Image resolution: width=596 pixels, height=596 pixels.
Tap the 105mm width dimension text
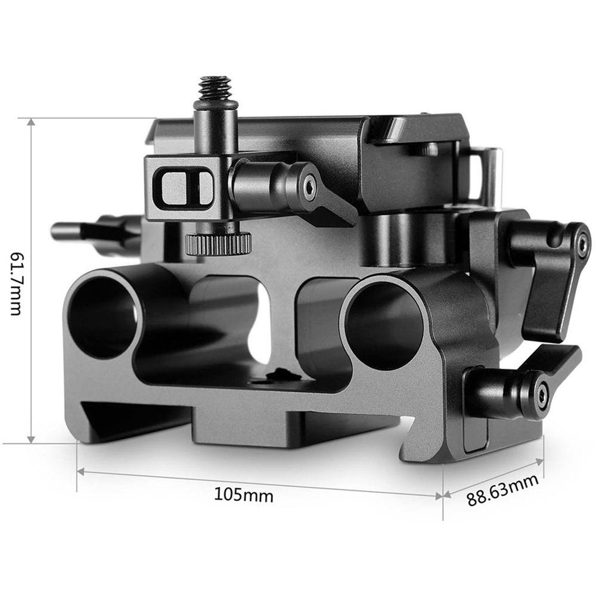pos(244,494)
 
